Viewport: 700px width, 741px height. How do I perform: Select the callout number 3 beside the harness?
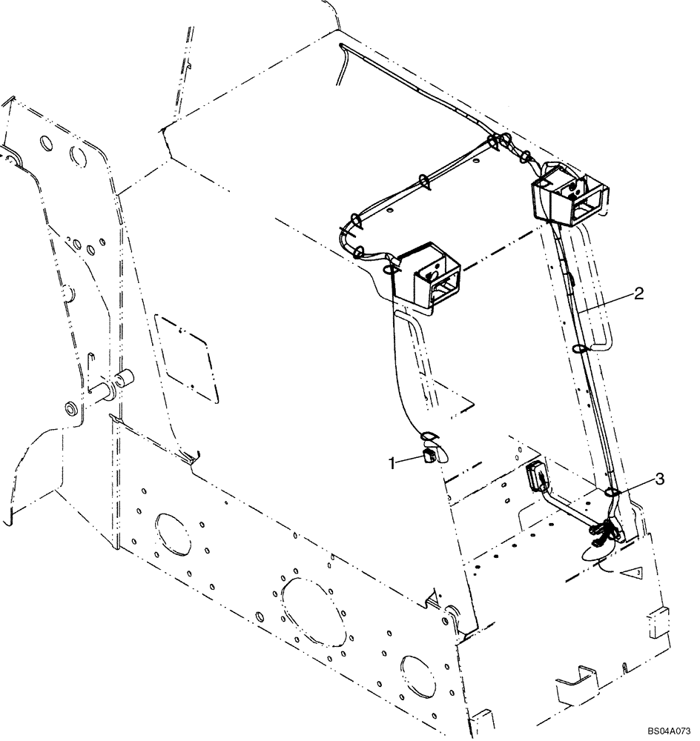pos(658,480)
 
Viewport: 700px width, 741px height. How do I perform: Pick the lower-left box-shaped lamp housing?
pos(425,279)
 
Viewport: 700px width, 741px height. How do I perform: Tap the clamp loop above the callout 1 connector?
pos(431,437)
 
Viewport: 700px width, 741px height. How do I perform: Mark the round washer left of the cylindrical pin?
pos(73,409)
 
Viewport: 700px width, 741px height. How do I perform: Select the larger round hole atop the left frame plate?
pos(79,156)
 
